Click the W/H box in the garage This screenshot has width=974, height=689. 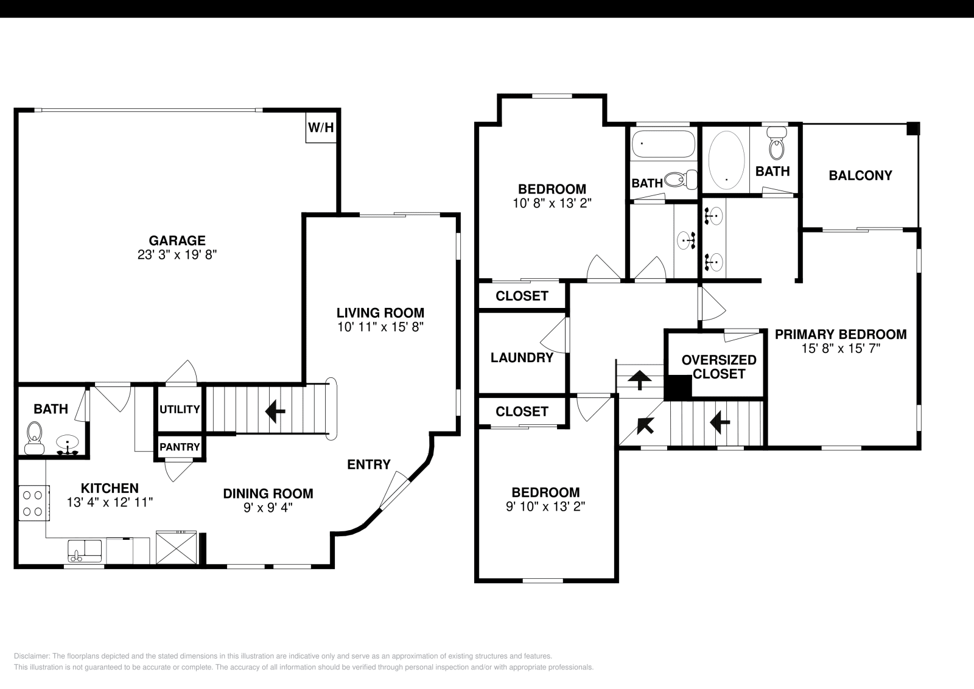(x=321, y=128)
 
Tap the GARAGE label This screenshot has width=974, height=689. (x=177, y=240)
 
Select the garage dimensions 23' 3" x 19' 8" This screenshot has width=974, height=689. (x=177, y=255)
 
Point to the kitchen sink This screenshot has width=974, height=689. (x=85, y=550)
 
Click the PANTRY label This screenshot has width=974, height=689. (x=180, y=447)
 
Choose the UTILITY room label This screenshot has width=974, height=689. (x=180, y=409)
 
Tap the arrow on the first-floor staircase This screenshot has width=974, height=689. (x=276, y=412)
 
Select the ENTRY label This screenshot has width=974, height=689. (x=368, y=464)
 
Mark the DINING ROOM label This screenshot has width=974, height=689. (x=268, y=494)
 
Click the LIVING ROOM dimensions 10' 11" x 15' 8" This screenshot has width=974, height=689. (x=380, y=327)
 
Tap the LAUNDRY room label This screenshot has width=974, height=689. (x=522, y=357)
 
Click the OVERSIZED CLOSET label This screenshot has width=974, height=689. (x=719, y=366)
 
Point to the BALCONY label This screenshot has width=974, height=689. (x=860, y=175)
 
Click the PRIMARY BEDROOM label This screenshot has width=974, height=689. (x=840, y=334)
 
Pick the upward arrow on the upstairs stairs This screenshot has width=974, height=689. (x=639, y=380)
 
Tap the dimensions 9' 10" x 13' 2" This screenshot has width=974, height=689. (x=545, y=506)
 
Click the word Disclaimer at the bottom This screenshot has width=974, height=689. (x=29, y=656)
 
